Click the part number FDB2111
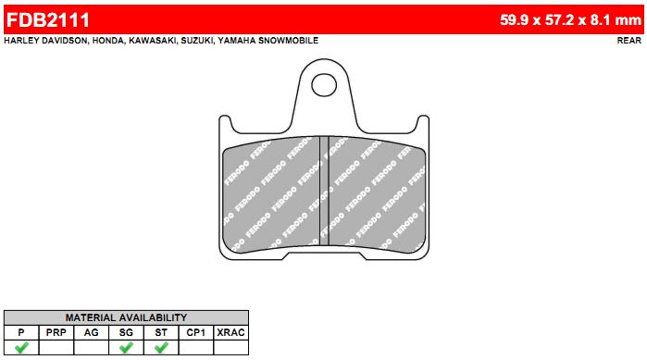[48, 19]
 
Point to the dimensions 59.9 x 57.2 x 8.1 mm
[571, 19]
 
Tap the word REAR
[629, 41]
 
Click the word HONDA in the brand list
[108, 41]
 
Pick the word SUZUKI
[197, 41]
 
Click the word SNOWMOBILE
[291, 41]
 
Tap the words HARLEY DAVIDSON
[45, 41]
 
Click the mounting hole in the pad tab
[324, 85]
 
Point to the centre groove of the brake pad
[324, 192]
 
